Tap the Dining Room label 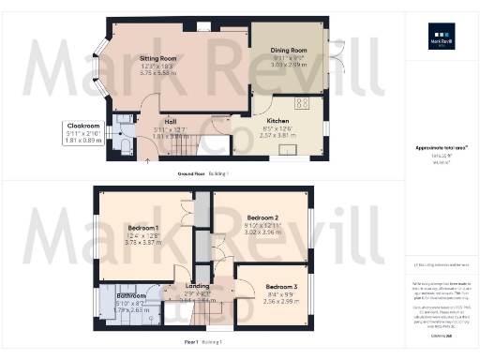coord(289,52)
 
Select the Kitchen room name coord(277,120)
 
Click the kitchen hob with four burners coord(304,103)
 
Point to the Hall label coord(171,121)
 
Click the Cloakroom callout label coord(84,125)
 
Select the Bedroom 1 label coord(143,228)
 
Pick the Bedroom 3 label coord(280,286)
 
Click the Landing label coord(198,286)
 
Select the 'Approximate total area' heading coord(439,148)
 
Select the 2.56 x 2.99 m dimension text coord(280,301)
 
